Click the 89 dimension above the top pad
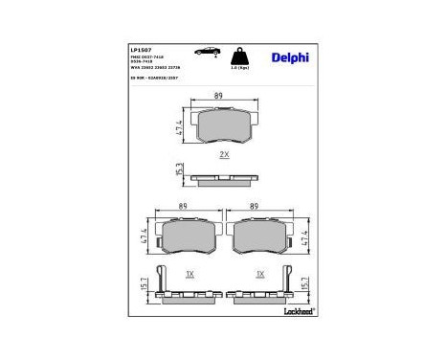pyautogui.click(x=219, y=96)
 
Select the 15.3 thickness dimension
pyautogui.click(x=179, y=169)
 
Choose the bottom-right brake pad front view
pyautogui.click(x=261, y=236)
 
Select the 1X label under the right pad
pyautogui.click(x=260, y=273)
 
